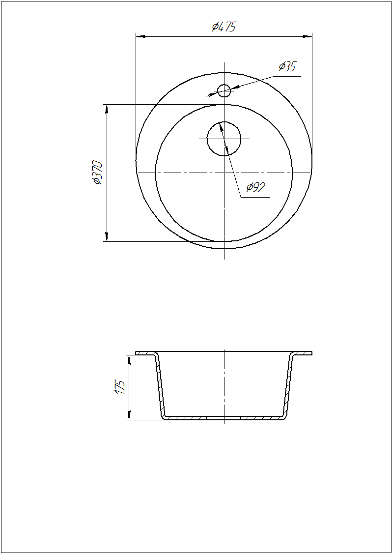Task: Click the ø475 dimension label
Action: point(224,27)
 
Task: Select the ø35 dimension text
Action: point(287,67)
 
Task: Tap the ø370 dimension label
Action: point(98,173)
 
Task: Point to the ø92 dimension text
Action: point(255,187)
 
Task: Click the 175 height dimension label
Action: point(120,387)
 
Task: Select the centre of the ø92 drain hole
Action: point(224,139)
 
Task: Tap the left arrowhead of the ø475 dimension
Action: point(140,36)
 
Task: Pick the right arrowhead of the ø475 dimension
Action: point(307,36)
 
